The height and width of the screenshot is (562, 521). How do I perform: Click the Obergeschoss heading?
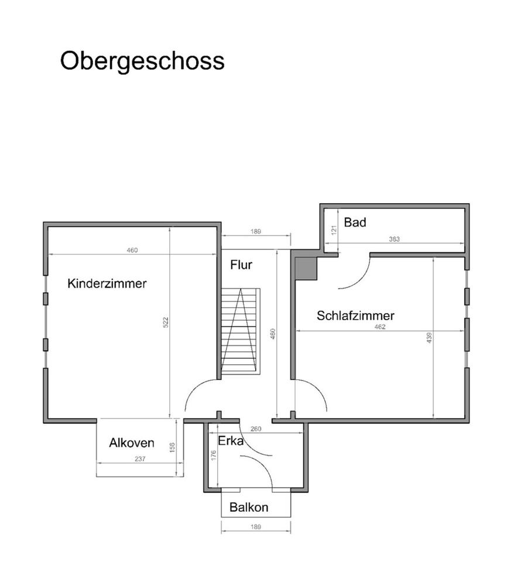tap(142, 61)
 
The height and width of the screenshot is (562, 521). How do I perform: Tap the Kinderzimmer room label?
tap(107, 284)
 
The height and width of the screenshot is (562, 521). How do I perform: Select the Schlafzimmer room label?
tap(355, 316)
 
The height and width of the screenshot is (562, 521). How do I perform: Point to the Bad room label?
tap(355, 222)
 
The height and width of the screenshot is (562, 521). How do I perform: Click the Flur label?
tap(241, 265)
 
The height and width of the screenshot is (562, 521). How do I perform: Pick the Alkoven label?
tap(132, 443)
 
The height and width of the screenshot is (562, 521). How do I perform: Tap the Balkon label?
tap(249, 508)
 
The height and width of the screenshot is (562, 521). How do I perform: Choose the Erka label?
tap(231, 441)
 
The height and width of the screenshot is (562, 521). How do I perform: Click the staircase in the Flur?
tap(240, 331)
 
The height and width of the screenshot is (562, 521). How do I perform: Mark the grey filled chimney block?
tap(306, 268)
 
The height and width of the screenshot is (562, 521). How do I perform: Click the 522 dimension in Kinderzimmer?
tap(166, 322)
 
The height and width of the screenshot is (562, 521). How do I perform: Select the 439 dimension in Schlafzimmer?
tap(429, 338)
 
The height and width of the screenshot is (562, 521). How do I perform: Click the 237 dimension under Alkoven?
tap(139, 459)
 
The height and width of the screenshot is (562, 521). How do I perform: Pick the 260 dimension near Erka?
tap(256, 429)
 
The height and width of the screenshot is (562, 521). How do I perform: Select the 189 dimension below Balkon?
tap(255, 527)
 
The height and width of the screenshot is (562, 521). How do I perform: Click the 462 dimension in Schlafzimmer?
tap(380, 327)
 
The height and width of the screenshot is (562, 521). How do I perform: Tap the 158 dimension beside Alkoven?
tap(172, 447)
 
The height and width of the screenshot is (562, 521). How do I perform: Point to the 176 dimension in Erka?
tap(214, 456)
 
